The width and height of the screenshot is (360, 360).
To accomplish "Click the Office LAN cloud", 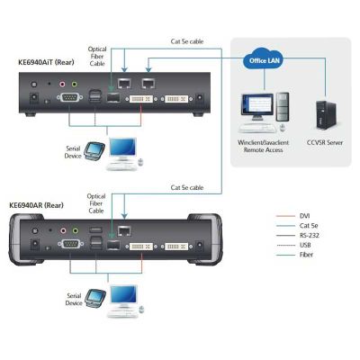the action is [x=264, y=59].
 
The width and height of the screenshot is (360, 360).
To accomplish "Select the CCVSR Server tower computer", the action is [x=326, y=115].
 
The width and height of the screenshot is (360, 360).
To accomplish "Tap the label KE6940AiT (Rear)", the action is [x=46, y=62].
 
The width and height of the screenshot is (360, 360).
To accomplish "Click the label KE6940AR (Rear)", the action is [x=37, y=205].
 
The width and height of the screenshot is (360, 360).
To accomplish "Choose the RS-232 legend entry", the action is [x=297, y=235].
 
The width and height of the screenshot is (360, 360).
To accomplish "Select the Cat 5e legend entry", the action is [x=297, y=226].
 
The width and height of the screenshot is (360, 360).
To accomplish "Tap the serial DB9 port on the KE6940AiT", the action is [x=69, y=97].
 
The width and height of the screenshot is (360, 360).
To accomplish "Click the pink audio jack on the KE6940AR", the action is [x=63, y=230].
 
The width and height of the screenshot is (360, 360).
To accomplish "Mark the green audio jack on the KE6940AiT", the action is [x=74, y=84].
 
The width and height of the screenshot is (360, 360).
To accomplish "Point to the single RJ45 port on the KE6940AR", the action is [x=124, y=231].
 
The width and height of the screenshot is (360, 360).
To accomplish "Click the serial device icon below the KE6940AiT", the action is [x=94, y=151].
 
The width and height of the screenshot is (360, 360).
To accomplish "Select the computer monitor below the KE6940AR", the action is [x=123, y=296].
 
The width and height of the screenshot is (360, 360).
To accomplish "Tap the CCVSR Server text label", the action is [x=325, y=142].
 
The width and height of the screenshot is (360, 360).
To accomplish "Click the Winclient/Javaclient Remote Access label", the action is [x=263, y=146].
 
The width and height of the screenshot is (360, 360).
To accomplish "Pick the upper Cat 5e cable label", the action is [x=187, y=41].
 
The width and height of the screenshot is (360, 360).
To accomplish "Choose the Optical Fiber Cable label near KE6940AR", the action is [x=96, y=203].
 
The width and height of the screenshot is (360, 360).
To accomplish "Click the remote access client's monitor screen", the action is [x=258, y=106].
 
